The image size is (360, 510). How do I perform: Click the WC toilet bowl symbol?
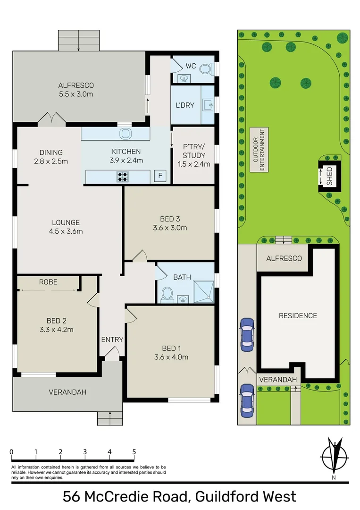coord(205,69)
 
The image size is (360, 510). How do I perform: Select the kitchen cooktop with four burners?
coord(123,177)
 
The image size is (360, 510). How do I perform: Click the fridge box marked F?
coord(160,177)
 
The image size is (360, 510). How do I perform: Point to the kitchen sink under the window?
coord(125,134)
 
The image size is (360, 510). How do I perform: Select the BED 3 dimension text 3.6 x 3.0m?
coord(170,228)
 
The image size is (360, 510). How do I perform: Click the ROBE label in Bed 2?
coord(49,282)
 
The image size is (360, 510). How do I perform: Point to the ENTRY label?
coord(112,340)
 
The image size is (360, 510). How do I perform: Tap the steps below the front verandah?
coord(110,418)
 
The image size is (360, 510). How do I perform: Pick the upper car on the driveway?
coord(247,334)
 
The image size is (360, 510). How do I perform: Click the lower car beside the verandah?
coord(247,400)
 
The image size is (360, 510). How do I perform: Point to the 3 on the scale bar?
coord(85,452)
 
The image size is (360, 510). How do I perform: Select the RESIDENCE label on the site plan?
coord(298,315)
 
